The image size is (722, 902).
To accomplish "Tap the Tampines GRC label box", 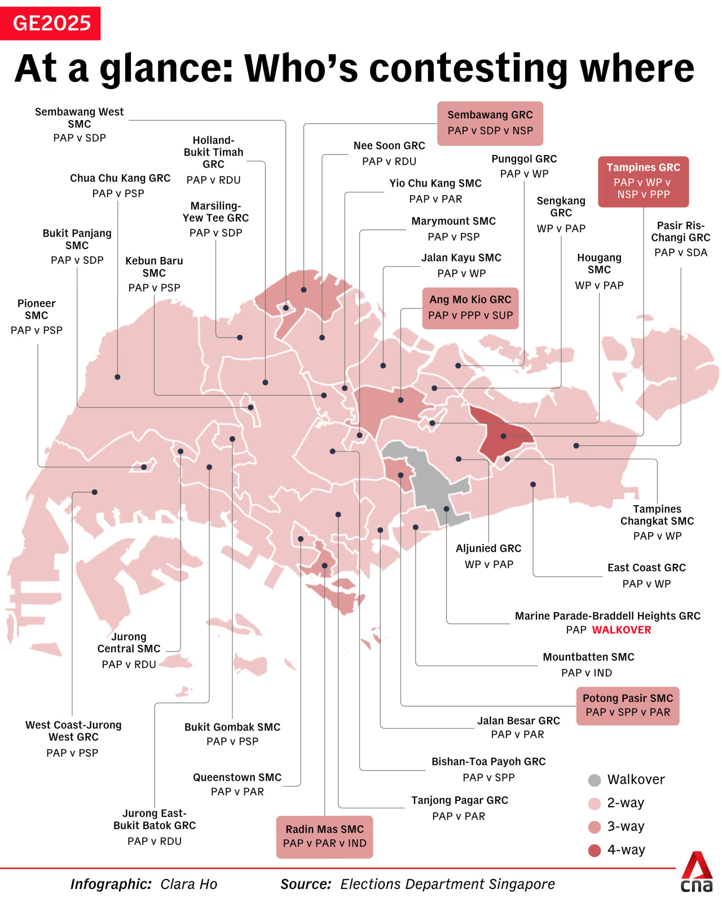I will pos(643,181).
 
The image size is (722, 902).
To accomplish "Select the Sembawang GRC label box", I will pos(490,123).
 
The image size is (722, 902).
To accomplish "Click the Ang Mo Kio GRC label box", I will pos(470,308).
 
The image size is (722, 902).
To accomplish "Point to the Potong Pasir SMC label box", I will pos(627,705).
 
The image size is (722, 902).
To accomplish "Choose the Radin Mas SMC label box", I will pos(324,837).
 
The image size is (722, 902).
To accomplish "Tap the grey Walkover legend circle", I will pos(595,780).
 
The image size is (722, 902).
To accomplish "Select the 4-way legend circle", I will pos(595,850).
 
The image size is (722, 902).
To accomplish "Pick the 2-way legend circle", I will pos(595,803).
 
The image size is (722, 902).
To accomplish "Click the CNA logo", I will pos(697,872).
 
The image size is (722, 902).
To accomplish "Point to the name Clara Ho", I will pos(188,884).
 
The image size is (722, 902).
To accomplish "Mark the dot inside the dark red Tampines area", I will pos(504,436).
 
